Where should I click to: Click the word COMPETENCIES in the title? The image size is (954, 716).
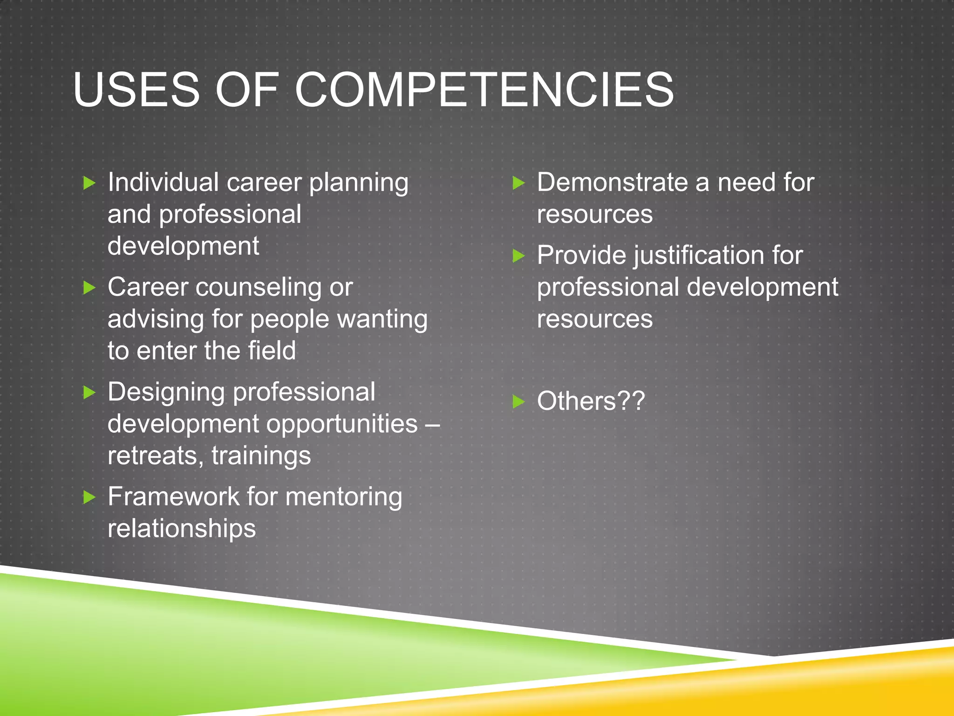pos(484,89)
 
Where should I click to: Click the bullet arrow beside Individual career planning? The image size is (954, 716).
pos(89,183)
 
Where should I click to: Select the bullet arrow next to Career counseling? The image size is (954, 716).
pos(89,288)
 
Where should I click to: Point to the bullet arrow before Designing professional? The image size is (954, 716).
pos(89,392)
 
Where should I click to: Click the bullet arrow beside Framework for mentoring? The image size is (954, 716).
pos(89,497)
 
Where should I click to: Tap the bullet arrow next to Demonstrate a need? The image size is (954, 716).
pos(518,183)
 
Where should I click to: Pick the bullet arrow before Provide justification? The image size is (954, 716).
pos(518,256)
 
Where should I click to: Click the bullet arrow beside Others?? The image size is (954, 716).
pos(518,401)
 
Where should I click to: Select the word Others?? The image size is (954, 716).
pos(591,401)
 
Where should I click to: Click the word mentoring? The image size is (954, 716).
pos(344,497)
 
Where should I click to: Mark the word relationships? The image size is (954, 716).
pos(182,529)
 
